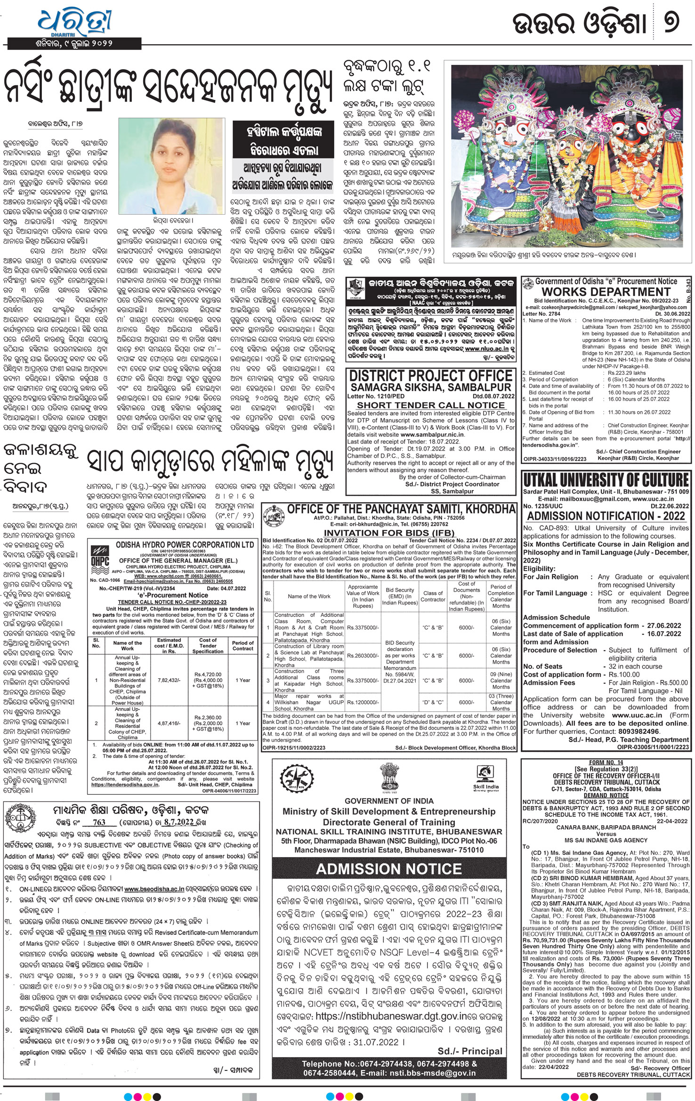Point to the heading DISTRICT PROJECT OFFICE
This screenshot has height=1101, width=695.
[x=430, y=376]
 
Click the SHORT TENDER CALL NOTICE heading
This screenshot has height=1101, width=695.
[x=430, y=405]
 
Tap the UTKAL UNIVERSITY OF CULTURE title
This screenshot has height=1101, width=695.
[x=606, y=480]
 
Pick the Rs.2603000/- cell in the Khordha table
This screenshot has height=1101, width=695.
[x=363, y=655]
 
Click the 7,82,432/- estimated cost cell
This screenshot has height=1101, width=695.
[x=169, y=680]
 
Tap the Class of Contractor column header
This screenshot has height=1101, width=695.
[x=433, y=596]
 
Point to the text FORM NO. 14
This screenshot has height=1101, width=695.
[x=606, y=762]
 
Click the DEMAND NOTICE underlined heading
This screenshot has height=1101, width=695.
[x=606, y=796]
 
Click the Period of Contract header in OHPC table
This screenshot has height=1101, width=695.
[x=242, y=645]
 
